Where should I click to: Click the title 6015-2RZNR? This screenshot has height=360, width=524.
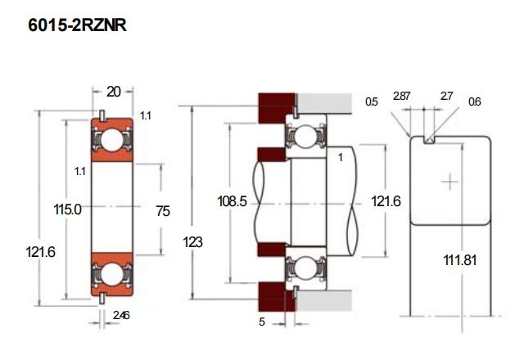pos(77,26)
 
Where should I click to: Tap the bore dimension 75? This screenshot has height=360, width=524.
pos(163,211)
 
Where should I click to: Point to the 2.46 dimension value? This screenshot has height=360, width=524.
pos(120,315)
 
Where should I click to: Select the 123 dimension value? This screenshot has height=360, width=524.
pos(194,242)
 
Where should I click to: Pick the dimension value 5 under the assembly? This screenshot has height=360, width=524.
pos(262,322)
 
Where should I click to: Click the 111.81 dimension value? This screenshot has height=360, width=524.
pos(460,259)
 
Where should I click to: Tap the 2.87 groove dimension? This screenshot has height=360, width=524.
pos(401,97)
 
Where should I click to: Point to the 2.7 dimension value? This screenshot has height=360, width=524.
pos(446,97)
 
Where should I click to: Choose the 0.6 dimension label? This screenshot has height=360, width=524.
pos(475,102)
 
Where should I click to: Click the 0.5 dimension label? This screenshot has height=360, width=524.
pos(372,102)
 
